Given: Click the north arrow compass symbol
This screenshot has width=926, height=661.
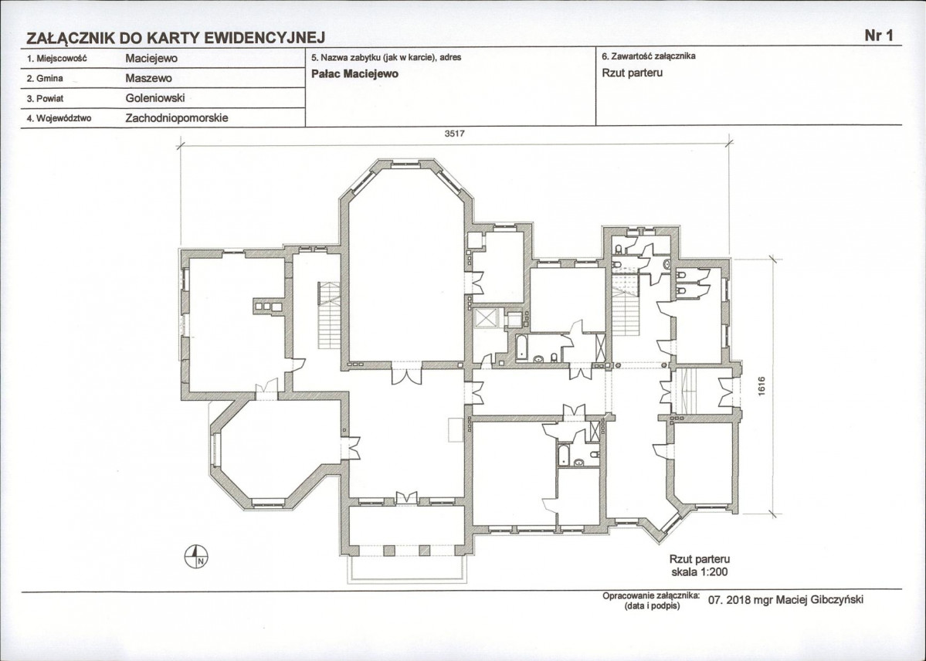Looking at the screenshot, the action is [197, 557].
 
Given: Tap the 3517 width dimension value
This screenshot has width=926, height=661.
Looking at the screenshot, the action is [454, 134].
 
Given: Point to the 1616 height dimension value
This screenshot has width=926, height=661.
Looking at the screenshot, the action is [761, 387].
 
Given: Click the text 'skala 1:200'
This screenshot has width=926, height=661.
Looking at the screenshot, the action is [699, 571].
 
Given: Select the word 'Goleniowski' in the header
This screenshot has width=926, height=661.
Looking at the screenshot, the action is [155, 98].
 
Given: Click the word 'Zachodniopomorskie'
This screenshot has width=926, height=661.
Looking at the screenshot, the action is [177, 117].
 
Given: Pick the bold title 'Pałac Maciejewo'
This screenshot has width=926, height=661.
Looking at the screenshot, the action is [354, 74].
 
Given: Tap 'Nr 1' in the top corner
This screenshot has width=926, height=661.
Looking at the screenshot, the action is [879, 36].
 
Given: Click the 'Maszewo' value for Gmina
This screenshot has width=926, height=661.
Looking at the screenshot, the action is [148, 78].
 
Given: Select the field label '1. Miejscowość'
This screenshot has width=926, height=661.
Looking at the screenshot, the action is [56, 59].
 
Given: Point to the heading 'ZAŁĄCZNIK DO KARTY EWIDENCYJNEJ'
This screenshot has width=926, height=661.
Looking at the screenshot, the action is [176, 39].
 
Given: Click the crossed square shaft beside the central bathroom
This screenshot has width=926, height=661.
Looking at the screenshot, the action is [487, 318].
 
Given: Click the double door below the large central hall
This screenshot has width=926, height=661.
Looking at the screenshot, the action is [406, 376].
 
